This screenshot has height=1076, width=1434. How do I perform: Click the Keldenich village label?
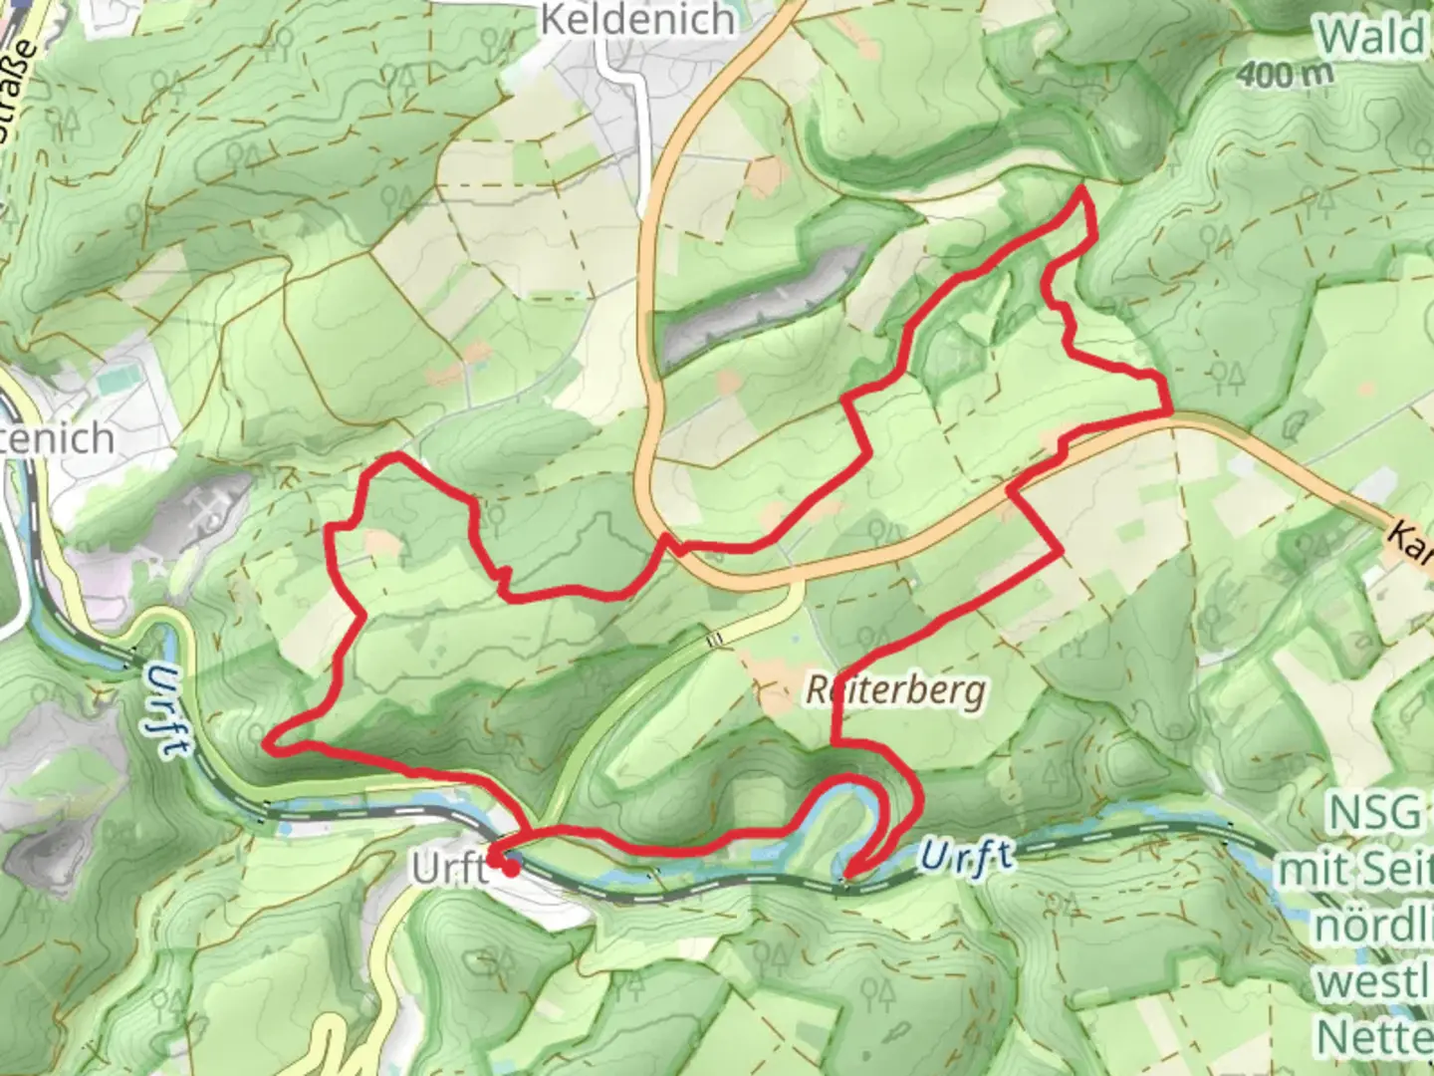click(637, 20)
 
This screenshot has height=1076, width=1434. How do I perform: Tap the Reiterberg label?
click(895, 690)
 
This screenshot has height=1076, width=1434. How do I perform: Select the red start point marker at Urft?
click(511, 869)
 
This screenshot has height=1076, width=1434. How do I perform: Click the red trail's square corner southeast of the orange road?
click(1062, 549)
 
